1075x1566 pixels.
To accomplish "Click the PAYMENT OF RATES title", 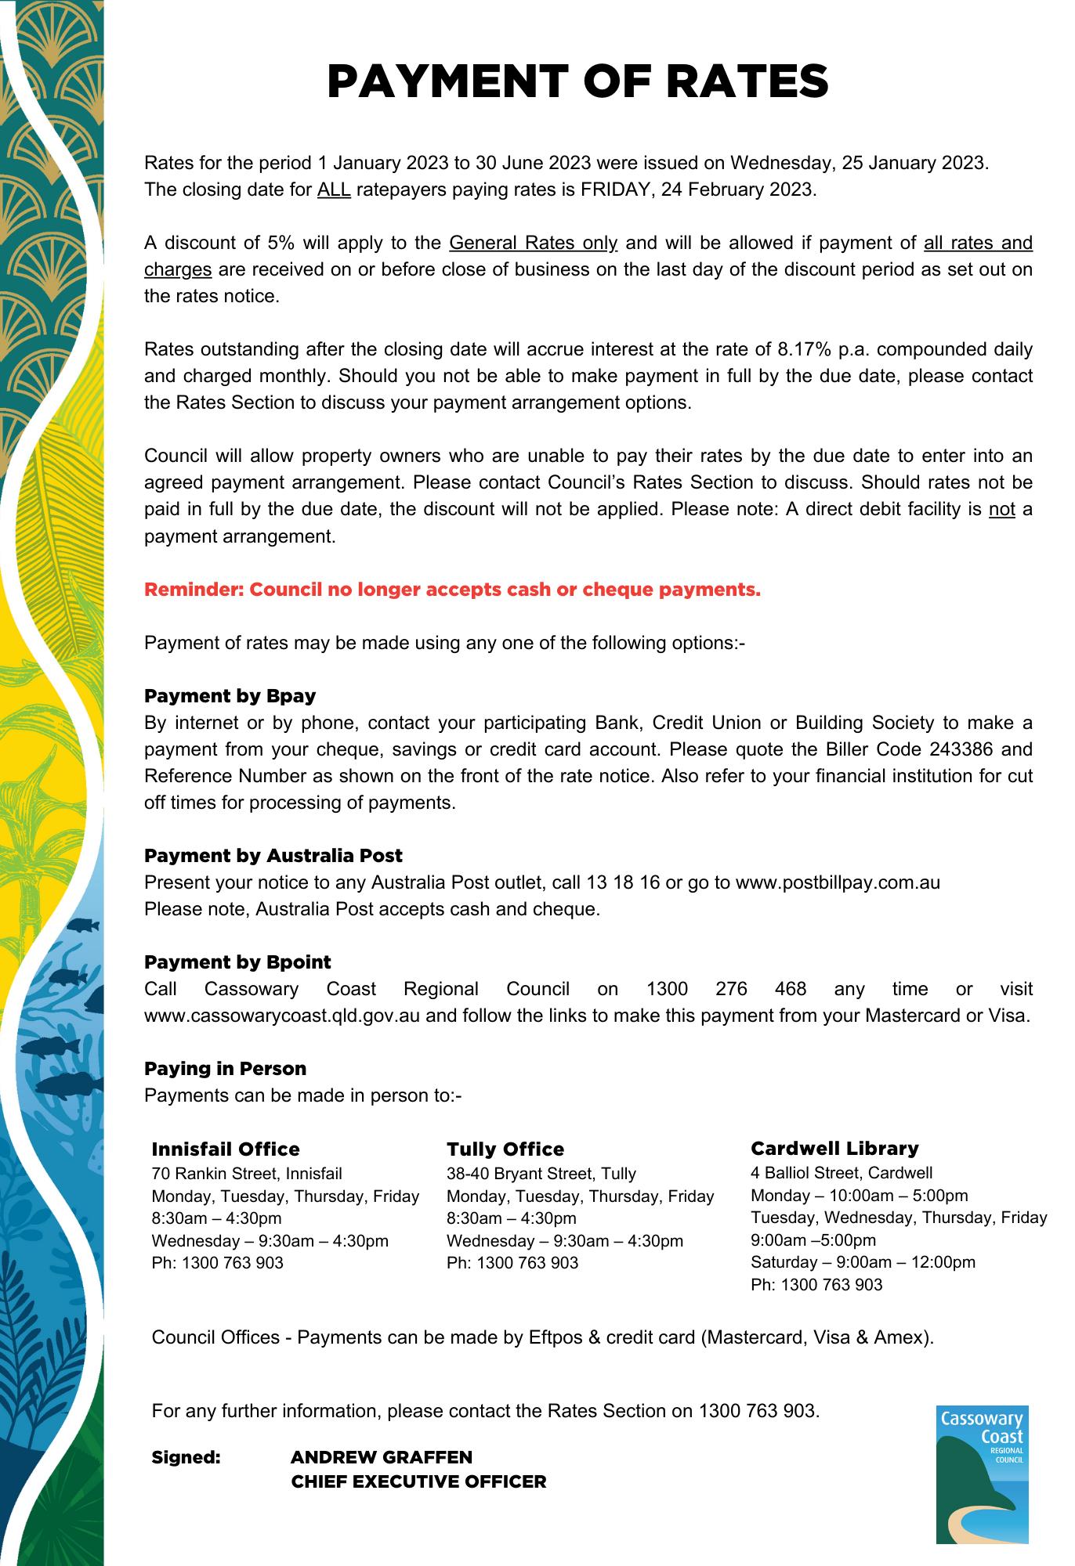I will coord(577,81).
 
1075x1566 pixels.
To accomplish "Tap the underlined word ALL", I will coord(334,189).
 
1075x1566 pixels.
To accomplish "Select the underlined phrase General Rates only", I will coord(534,243).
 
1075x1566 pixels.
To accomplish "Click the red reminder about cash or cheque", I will coord(452,590).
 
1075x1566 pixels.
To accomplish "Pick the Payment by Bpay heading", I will coord(230,695).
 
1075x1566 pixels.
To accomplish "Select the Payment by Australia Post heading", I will coord(273,855).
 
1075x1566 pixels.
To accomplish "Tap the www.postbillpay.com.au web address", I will coord(838,882).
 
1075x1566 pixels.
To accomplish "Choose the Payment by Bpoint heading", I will coord(237,962).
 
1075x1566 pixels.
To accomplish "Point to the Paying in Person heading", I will coord(225,1068).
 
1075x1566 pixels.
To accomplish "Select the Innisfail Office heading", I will coord(226,1149).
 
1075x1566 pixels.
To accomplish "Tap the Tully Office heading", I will coord(505,1149).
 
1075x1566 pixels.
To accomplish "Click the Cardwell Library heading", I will coord(834,1148).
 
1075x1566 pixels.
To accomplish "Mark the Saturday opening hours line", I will coord(863,1261).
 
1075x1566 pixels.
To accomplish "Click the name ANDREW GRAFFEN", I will coord(382,1457).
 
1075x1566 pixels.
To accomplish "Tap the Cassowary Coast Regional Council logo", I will coord(982,1474).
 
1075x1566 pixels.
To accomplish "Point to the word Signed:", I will coord(186,1457).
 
